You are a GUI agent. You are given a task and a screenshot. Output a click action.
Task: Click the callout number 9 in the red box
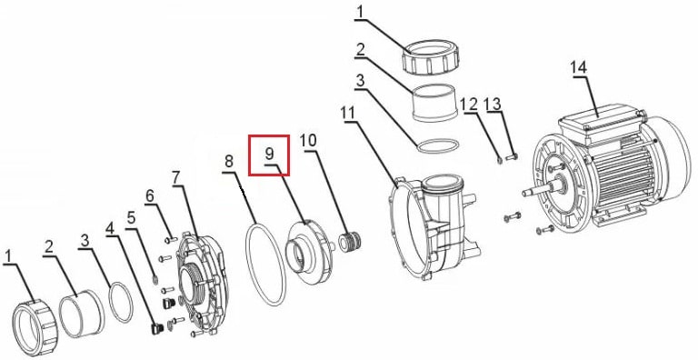click(x=269, y=154)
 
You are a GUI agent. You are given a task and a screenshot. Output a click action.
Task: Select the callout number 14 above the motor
click(x=579, y=68)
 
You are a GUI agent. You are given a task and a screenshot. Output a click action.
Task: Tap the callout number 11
click(x=348, y=114)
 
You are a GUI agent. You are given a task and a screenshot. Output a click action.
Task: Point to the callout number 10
click(x=308, y=141)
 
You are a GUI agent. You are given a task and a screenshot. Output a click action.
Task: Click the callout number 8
click(x=229, y=162)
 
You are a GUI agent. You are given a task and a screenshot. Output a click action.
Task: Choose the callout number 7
click(x=176, y=178)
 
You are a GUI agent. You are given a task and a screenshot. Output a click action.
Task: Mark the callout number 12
click(x=469, y=105)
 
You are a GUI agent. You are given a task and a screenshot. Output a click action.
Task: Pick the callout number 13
click(x=494, y=104)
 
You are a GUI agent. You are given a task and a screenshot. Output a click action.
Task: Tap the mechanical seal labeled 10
click(x=350, y=241)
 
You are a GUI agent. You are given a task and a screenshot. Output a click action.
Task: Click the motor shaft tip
click(x=523, y=194)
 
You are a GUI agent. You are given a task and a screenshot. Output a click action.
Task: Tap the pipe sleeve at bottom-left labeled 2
click(x=82, y=314)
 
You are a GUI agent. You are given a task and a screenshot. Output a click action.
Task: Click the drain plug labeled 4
click(x=155, y=329)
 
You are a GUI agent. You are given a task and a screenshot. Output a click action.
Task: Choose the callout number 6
click(x=150, y=195)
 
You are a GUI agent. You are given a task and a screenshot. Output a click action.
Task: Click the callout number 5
click(x=131, y=218)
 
